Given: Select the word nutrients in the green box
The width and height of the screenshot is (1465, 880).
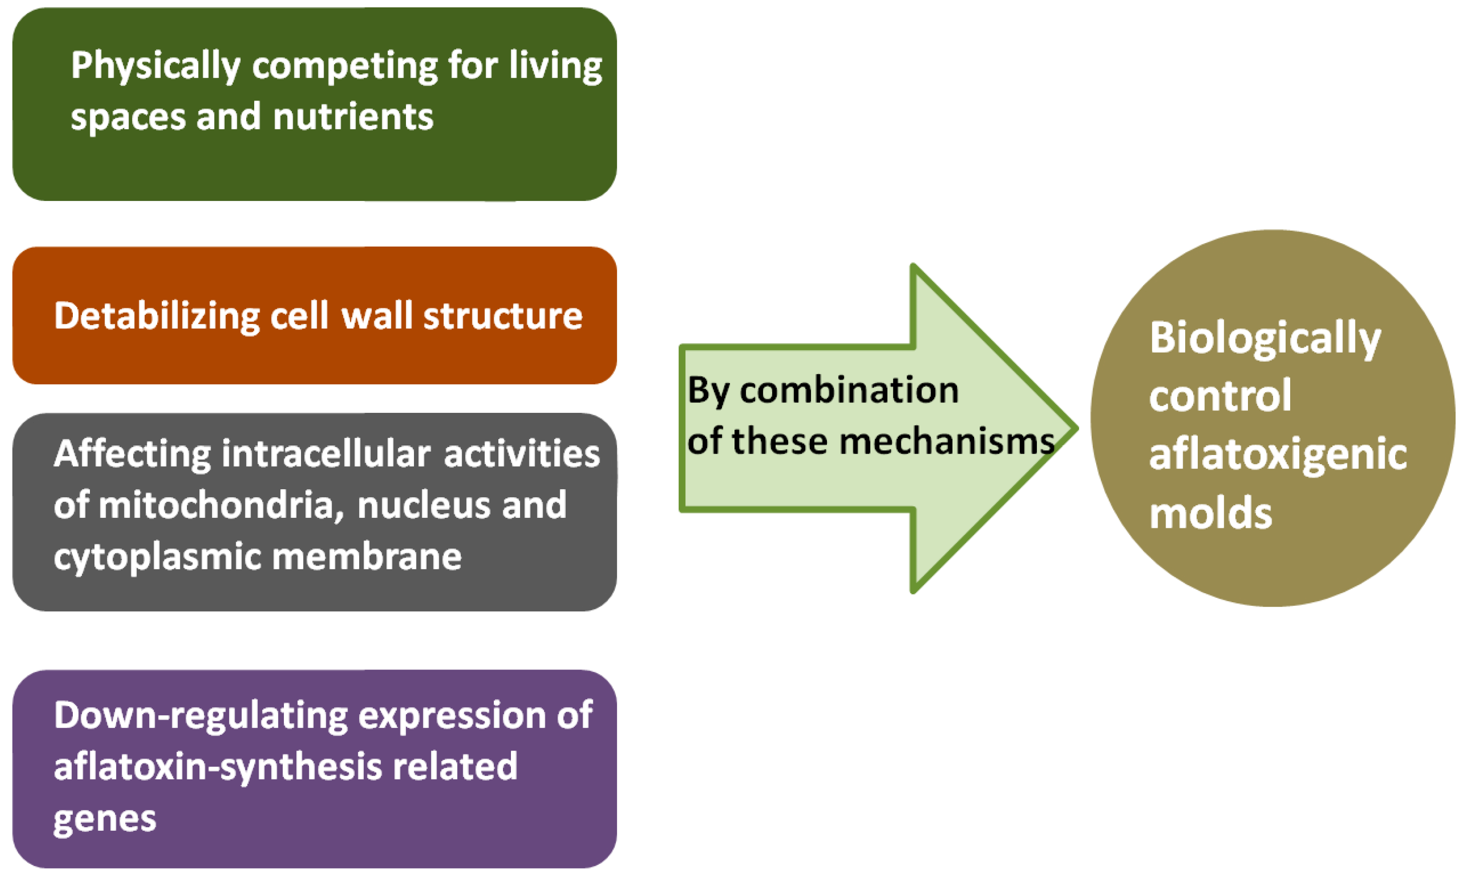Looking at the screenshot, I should pyautogui.click(x=353, y=117).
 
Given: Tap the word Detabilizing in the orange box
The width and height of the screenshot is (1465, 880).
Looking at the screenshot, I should pyautogui.click(x=157, y=316).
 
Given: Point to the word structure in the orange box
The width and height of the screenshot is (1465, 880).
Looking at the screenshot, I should pyautogui.click(x=502, y=316).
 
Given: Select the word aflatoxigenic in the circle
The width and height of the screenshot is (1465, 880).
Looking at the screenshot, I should pyautogui.click(x=1278, y=456).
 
